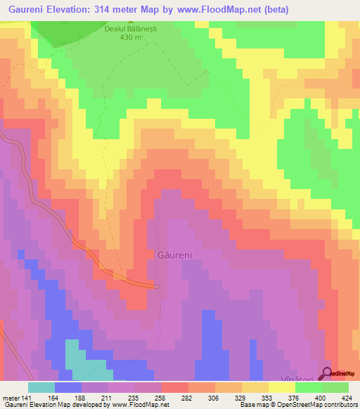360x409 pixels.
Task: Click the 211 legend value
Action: coord(107,398)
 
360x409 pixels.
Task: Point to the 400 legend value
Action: coord(321,398)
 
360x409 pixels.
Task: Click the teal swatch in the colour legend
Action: coord(41,387)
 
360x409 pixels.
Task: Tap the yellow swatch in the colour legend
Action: coord(281,387)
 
